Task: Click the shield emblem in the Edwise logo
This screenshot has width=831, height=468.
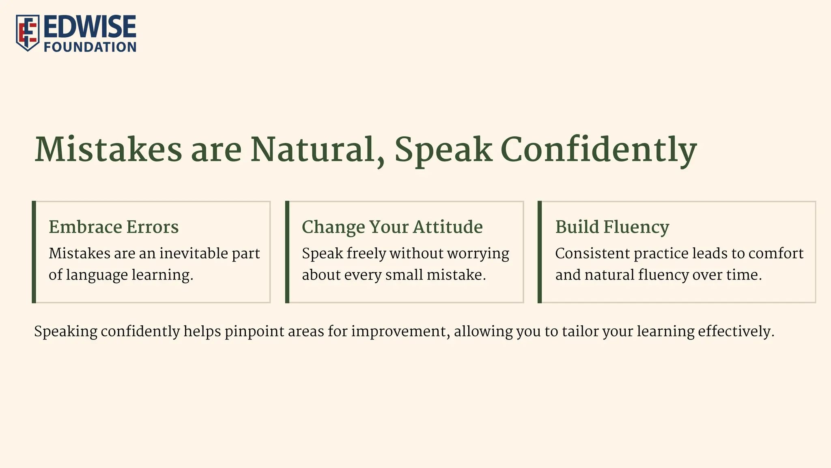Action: pos(28,33)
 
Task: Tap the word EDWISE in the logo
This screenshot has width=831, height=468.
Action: pos(90,27)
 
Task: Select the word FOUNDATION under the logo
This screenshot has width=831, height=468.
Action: pos(90,47)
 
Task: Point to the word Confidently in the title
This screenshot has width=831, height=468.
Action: pos(598,150)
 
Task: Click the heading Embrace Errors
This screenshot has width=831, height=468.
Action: pos(114,227)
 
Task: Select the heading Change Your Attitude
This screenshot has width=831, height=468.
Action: pos(392,227)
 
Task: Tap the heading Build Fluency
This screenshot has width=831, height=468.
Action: pos(612,227)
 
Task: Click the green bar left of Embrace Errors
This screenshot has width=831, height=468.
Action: pos(34,252)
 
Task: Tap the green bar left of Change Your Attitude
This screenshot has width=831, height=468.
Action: pos(287,252)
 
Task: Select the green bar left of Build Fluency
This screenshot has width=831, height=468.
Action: pos(540,252)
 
